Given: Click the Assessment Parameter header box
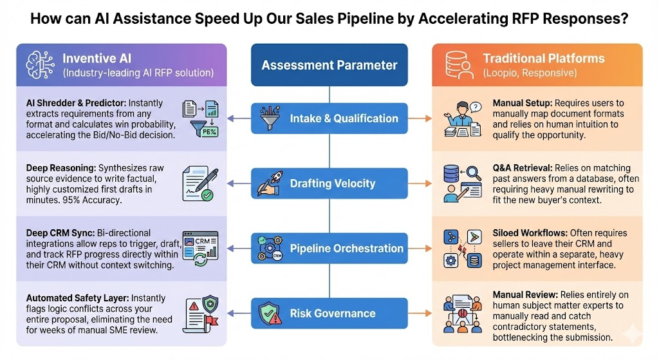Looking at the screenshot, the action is point(329,65).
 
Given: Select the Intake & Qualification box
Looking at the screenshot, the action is point(329,118).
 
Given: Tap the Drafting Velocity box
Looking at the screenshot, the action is point(329,184).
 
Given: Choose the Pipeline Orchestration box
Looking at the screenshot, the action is point(329,248).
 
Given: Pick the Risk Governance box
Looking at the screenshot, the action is point(329,314).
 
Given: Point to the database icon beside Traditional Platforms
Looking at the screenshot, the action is point(458,64).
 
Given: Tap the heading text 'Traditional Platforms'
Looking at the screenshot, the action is point(544,59).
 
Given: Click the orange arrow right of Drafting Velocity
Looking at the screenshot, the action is point(420,184).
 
